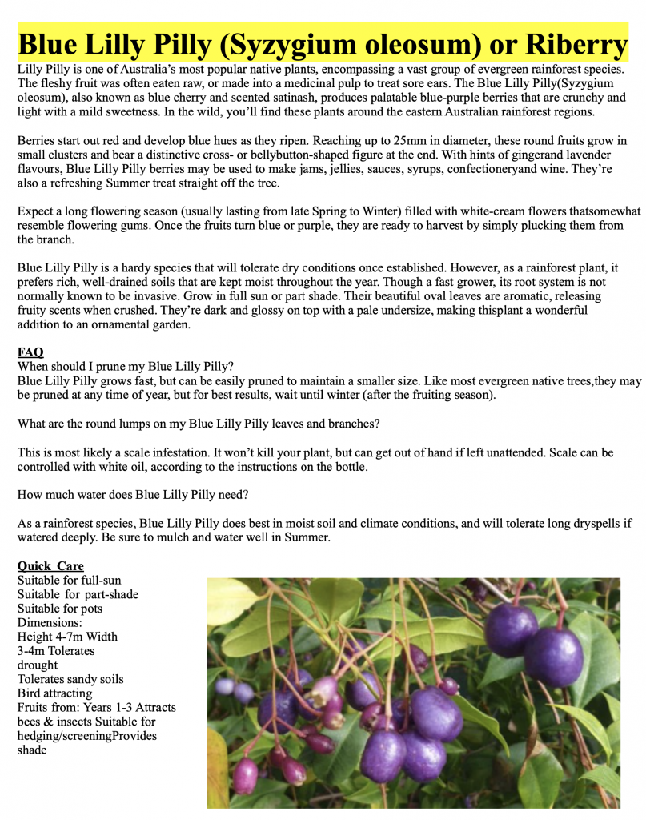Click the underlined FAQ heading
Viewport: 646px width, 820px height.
point(30,352)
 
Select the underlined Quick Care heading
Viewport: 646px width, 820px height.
point(50,566)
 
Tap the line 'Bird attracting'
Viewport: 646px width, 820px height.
point(54,693)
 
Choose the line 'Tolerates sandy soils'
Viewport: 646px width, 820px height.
point(70,679)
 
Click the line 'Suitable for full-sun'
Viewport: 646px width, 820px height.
point(70,580)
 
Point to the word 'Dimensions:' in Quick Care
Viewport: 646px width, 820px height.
point(50,622)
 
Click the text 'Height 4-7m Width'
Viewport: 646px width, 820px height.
point(67,637)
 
